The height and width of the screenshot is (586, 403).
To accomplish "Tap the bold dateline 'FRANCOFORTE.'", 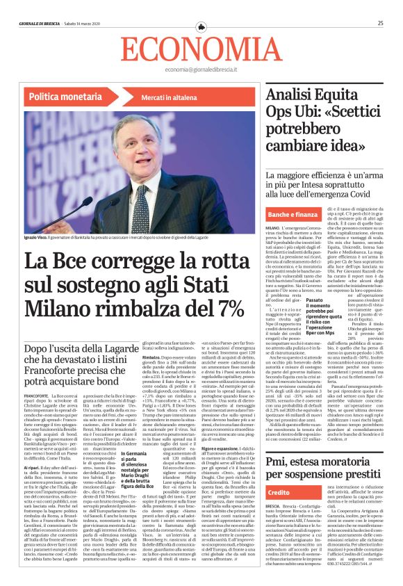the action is [x=36, y=376].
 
